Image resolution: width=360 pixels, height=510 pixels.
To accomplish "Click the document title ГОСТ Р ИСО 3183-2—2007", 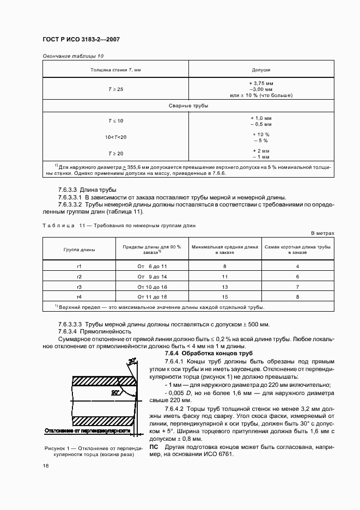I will (81, 40).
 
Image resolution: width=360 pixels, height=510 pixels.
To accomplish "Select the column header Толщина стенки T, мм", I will (115, 70).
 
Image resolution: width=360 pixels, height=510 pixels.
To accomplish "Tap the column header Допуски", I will (261, 70).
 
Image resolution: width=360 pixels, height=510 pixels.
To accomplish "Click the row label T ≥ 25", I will (115, 89).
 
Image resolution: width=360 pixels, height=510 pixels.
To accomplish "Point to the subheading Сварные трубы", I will (188, 106).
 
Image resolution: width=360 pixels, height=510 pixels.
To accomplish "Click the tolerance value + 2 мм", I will (261, 150).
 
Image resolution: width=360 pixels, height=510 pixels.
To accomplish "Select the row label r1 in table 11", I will (79, 266).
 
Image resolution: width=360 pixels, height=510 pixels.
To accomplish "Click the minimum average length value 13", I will (224, 287).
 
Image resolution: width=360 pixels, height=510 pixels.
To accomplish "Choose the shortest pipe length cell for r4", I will (298, 297).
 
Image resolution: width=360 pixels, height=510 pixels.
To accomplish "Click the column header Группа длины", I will (79, 250).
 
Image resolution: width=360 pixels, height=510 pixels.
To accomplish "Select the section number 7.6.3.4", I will (68, 331).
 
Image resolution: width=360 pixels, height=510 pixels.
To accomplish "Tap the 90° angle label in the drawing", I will (115, 392).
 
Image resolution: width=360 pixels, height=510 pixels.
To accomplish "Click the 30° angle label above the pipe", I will (132, 361).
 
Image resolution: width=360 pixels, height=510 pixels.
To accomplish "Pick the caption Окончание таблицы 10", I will (72, 56).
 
